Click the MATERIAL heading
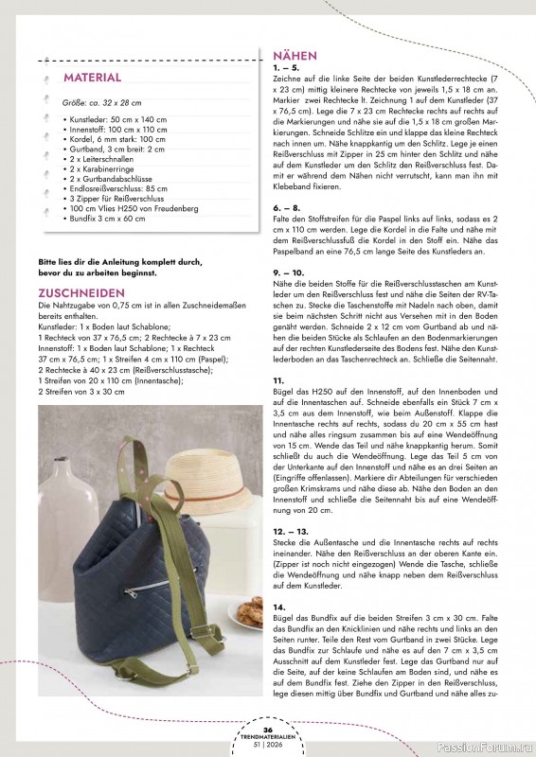92,77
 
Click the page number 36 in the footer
268,729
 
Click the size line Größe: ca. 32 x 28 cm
101,100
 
